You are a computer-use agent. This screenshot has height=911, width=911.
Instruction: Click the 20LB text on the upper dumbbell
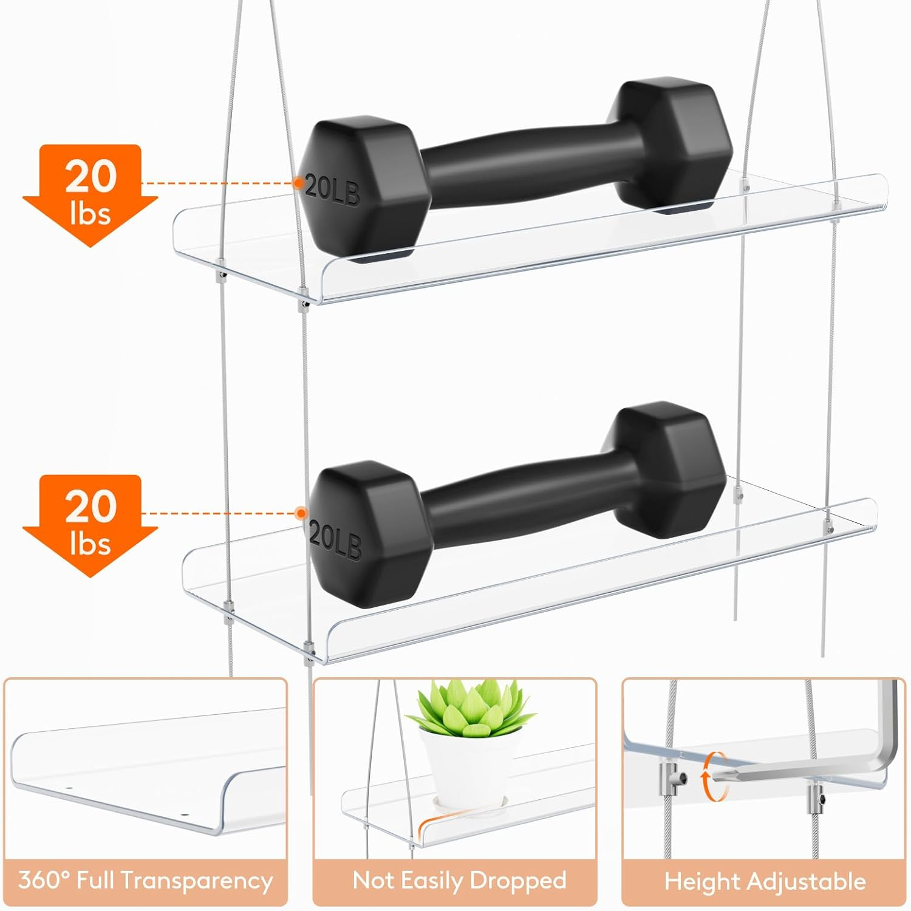332,189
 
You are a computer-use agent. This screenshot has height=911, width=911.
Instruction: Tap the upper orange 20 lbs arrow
90,194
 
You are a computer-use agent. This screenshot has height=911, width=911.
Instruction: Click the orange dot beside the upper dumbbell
299,182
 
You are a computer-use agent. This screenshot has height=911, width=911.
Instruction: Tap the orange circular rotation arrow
715,777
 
